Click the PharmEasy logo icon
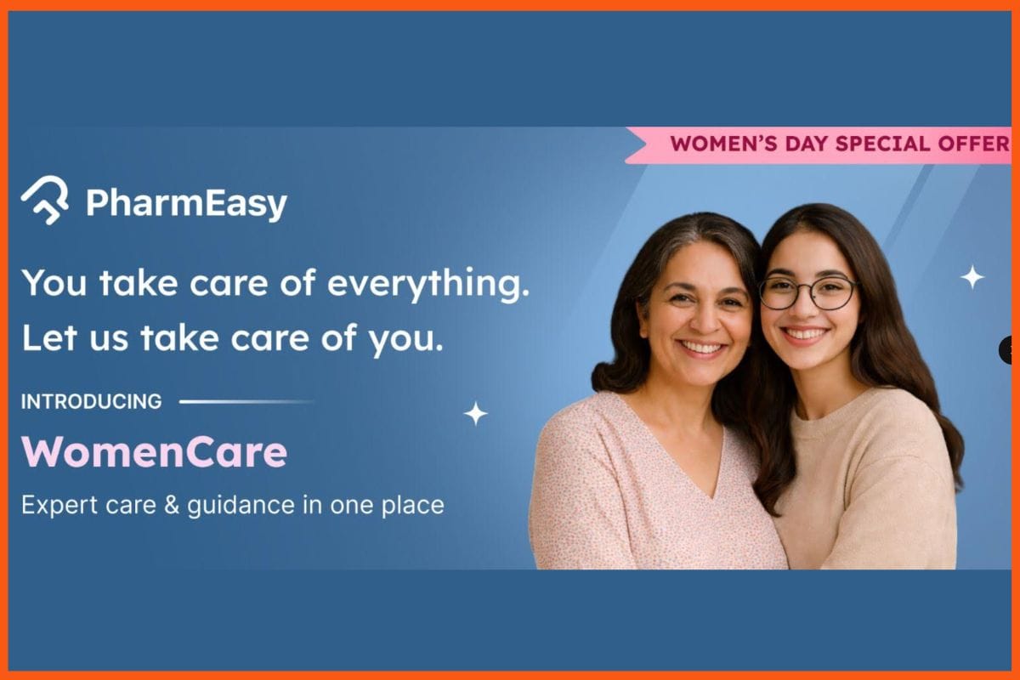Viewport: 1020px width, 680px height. [45, 201]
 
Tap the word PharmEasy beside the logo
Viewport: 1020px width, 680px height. [186, 204]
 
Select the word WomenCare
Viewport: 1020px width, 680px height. [154, 452]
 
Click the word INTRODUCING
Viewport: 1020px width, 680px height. [91, 401]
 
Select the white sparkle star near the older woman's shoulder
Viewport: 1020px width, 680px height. [475, 414]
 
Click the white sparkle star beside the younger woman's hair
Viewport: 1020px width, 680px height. [972, 276]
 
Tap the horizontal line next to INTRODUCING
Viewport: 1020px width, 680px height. [246, 401]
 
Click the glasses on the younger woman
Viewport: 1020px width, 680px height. [807, 292]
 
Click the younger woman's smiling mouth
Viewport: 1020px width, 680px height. [804, 333]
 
